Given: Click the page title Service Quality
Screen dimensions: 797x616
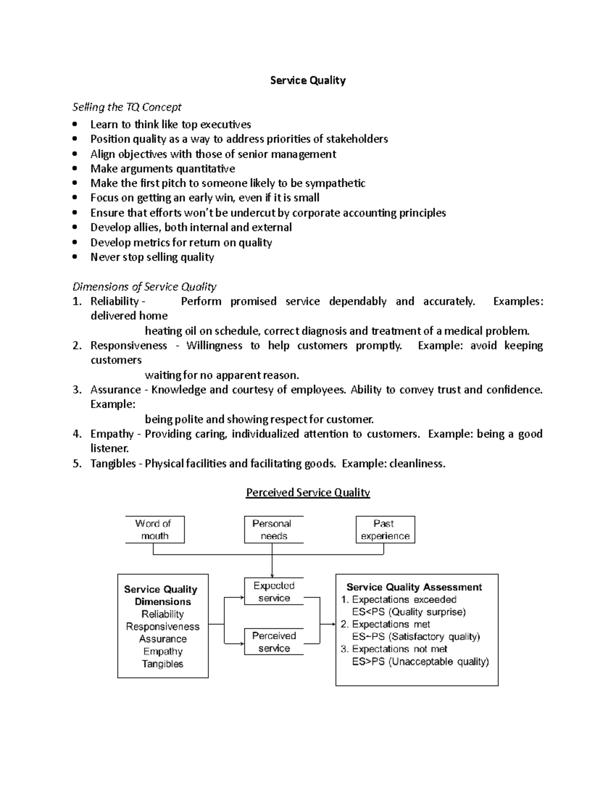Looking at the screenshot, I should point(307,80).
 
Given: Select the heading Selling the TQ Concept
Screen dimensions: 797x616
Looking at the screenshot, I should point(127,107).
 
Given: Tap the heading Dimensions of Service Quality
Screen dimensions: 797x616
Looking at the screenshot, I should point(144,286).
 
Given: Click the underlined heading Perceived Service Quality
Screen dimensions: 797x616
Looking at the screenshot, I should point(307,493).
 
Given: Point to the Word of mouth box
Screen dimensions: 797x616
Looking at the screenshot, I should point(155,530).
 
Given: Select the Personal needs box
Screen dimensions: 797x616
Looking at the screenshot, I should point(273,530).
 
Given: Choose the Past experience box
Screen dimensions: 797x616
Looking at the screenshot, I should point(385,530).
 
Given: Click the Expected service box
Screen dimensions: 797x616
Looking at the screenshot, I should point(274,592).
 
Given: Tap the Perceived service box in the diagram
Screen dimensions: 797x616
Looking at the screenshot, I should point(274,642).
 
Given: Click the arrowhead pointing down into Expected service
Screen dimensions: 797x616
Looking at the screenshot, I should point(272,575).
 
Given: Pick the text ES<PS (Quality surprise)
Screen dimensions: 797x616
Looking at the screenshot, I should point(409,612).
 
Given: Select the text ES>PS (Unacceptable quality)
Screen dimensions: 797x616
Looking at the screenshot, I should point(420,662).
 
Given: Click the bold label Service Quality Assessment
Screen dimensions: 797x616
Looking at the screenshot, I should point(414,587).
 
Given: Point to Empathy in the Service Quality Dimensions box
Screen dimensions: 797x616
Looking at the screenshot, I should point(163,651).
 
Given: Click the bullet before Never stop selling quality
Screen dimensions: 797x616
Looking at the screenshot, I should point(75,257).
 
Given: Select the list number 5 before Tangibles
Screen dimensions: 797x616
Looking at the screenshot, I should point(76,464).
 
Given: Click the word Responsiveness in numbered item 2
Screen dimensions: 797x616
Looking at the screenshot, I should point(128,345).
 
